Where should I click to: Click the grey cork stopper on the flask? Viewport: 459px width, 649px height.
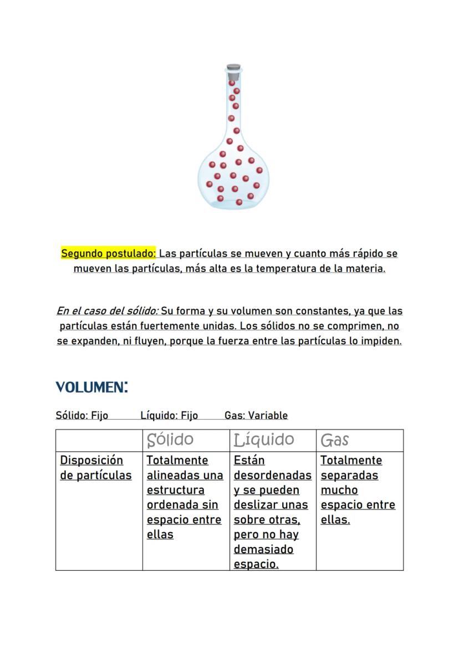(233, 69)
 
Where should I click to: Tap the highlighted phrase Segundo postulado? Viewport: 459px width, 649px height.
(109, 254)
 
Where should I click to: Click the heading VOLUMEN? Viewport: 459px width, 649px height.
(91, 386)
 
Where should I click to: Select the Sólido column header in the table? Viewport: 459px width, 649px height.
(170, 440)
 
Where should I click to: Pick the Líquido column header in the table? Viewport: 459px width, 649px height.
(264, 440)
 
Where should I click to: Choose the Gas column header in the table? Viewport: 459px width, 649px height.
(335, 440)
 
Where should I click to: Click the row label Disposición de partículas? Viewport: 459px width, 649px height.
(95, 468)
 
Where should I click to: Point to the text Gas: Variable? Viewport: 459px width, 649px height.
(256, 415)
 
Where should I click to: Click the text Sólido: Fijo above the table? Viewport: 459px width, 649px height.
(81, 415)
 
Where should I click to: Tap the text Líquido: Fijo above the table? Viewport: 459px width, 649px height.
(169, 415)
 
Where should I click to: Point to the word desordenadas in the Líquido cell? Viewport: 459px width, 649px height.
(273, 476)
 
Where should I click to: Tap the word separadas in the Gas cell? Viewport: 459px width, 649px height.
(349, 476)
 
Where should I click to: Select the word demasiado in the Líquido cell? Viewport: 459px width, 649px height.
(263, 550)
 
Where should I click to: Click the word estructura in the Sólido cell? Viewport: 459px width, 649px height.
(175, 490)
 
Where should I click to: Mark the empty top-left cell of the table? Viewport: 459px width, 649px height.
(99, 440)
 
